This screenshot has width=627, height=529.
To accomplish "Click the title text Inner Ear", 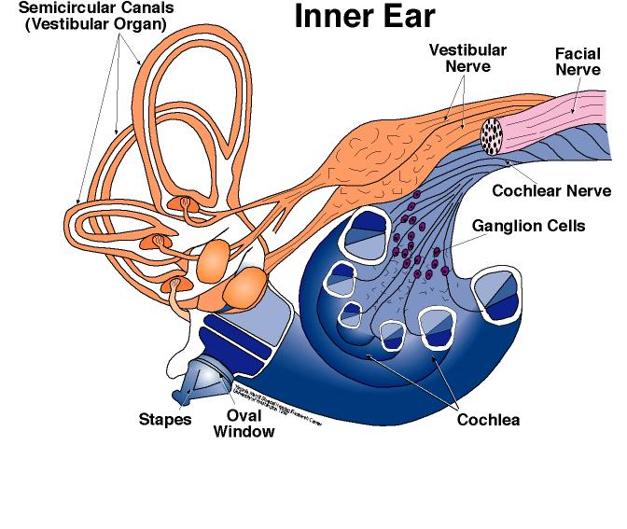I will click(x=366, y=17).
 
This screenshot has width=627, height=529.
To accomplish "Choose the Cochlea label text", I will click(x=488, y=419).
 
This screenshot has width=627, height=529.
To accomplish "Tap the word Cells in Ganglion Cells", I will click(x=565, y=226).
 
